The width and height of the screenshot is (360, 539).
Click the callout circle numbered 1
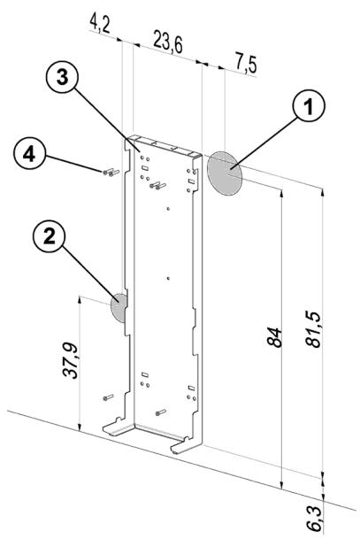click(309, 104)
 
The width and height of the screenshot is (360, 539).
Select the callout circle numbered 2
click(50, 236)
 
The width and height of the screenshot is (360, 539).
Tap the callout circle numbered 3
click(62, 78)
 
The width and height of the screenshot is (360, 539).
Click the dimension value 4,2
click(100, 24)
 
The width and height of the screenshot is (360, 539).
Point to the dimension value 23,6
click(168, 42)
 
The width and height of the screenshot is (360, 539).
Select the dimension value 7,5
click(246, 63)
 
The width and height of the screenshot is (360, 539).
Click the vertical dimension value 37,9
click(71, 360)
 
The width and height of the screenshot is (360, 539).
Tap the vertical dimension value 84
click(274, 337)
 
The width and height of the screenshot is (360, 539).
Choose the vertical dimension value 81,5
click(313, 329)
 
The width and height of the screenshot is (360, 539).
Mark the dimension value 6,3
click(314, 519)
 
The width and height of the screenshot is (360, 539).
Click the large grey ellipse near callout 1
click(225, 173)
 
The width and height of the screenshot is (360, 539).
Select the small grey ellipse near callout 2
click(119, 308)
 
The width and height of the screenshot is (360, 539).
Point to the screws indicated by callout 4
click(111, 172)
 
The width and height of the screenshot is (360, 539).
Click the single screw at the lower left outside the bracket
click(108, 397)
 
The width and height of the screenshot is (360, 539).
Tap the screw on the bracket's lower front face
click(160, 412)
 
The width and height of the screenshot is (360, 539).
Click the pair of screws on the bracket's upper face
click(157, 186)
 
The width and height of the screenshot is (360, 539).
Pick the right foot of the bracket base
click(186, 445)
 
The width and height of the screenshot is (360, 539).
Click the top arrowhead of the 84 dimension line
click(281, 193)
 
